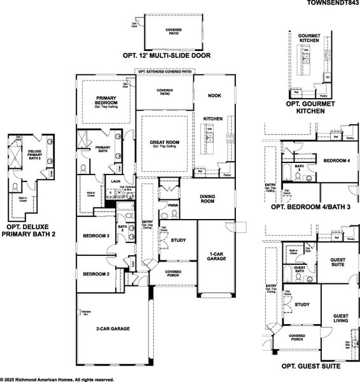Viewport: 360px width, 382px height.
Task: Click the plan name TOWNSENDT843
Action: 329,3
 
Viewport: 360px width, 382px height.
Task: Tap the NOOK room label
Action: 214,95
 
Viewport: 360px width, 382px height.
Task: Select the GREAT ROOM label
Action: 163,143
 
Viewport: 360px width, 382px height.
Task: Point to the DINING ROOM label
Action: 210,199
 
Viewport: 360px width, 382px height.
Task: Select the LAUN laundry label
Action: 116,181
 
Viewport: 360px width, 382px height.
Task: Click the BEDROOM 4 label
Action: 336,162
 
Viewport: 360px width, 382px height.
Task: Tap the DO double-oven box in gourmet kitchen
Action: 328,77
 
